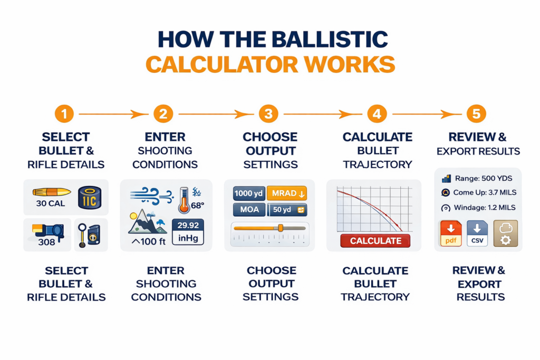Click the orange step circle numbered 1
pos(64,113)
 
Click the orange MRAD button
pos(286,193)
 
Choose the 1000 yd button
pos(248,193)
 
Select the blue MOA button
pos(248,210)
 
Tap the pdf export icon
pos(450,233)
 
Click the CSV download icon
pos(477,233)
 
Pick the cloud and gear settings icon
pos(505,233)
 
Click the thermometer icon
pos(184,200)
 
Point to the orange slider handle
pos(281,228)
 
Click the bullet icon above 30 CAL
pos(52,192)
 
